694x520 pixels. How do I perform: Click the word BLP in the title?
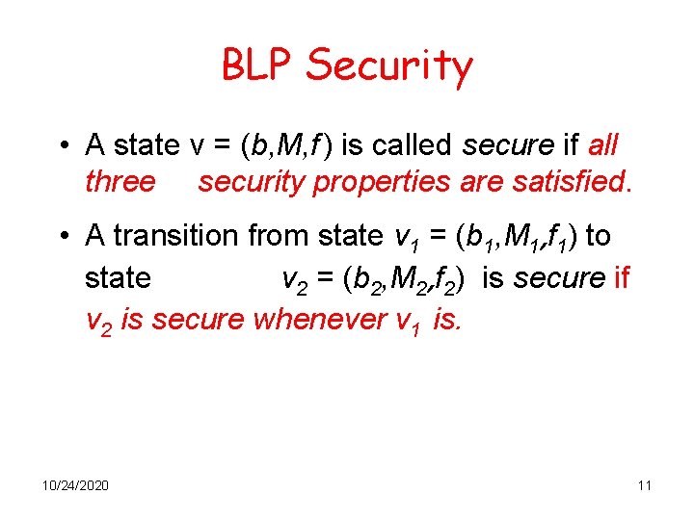pyautogui.click(x=259, y=65)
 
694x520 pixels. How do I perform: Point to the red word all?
pyautogui.click(x=602, y=145)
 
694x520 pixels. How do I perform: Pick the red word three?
pyautogui.click(x=120, y=181)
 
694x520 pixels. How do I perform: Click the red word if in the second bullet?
pyautogui.click(x=621, y=278)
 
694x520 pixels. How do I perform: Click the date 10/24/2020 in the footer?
pyautogui.click(x=75, y=484)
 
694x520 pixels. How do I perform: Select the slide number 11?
pyautogui.click(x=644, y=484)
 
